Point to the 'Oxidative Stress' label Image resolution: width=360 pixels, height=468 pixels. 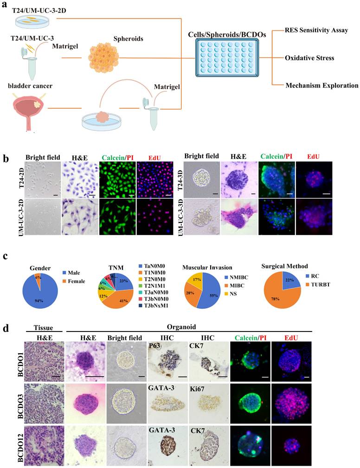309,58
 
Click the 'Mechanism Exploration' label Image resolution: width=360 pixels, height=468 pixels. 322,85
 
